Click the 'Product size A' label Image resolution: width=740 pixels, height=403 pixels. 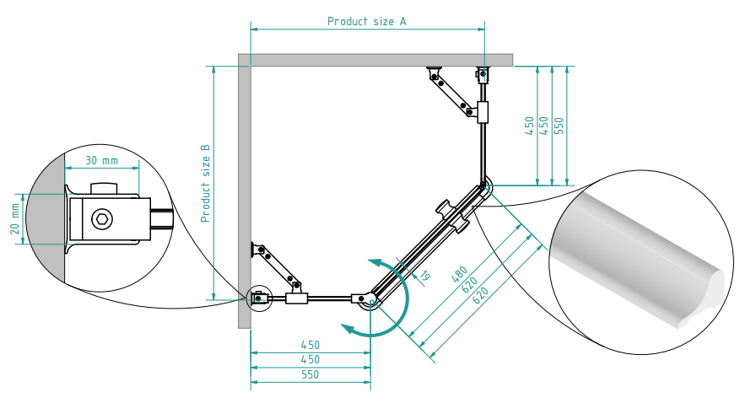(367, 21)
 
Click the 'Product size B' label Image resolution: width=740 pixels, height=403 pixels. (205, 183)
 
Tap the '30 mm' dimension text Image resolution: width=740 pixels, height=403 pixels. (101, 161)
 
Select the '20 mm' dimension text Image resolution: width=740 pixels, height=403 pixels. (14, 219)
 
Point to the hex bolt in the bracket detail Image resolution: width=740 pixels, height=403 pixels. (101, 219)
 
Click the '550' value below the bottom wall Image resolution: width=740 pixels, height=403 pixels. (310, 374)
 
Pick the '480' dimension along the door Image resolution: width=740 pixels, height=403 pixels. (459, 274)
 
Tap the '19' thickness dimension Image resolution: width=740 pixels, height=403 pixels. (424, 276)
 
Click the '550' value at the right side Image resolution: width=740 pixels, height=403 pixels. (559, 126)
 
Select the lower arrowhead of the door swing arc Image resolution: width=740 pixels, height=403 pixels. (350, 330)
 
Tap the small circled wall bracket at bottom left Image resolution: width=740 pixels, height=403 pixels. (259, 298)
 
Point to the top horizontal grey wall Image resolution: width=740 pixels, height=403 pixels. (375, 60)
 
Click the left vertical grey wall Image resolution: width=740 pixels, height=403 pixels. (244, 191)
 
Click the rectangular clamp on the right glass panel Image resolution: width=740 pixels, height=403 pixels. (483, 112)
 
